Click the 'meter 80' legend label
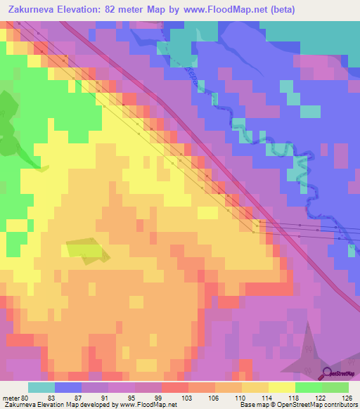tap(15, 398)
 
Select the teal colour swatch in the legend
tap(41, 387)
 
